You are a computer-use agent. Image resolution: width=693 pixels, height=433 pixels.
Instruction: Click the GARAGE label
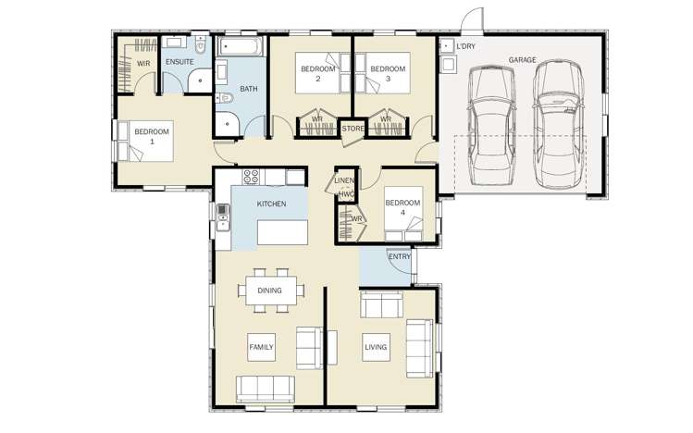(x=522, y=59)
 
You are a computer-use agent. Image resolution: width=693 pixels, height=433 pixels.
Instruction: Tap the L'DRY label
(x=465, y=46)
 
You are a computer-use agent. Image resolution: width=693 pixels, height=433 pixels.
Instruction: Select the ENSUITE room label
(x=179, y=62)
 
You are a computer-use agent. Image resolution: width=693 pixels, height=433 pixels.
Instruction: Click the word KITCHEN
(x=271, y=204)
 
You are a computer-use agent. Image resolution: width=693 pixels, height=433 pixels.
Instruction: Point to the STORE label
(x=353, y=129)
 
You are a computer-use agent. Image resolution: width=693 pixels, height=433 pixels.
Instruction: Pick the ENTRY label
(x=400, y=256)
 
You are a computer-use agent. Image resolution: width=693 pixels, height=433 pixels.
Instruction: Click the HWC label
(x=346, y=194)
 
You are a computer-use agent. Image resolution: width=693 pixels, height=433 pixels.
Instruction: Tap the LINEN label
(x=344, y=180)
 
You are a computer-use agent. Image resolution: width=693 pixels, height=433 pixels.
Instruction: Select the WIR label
(x=143, y=64)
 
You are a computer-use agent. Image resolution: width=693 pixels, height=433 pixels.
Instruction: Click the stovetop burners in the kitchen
(x=251, y=177)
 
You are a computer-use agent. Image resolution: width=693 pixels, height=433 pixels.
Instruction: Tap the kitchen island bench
(x=282, y=232)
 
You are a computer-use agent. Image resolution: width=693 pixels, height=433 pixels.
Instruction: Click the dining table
(x=271, y=291)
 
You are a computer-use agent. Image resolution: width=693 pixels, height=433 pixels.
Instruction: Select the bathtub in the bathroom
(x=241, y=47)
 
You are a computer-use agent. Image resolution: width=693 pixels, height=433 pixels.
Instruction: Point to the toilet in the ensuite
(x=201, y=44)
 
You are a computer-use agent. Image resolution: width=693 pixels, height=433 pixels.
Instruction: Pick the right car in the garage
(x=558, y=124)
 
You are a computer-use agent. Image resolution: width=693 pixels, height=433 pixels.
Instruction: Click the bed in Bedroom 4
(x=403, y=214)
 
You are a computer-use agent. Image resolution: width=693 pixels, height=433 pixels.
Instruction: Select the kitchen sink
(x=223, y=217)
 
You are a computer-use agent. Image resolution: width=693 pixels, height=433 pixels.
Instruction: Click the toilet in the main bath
(x=224, y=98)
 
